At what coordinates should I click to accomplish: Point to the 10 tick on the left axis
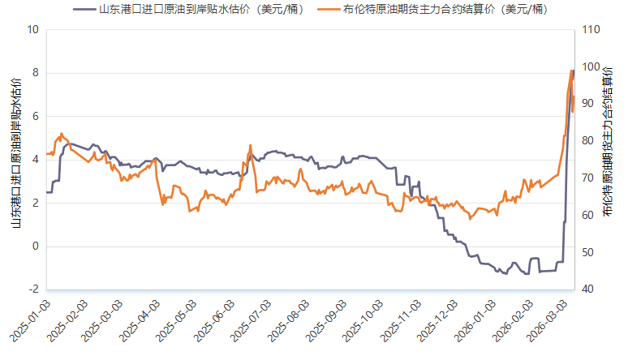(x=32, y=30)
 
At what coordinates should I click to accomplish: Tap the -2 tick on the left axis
(x=33, y=289)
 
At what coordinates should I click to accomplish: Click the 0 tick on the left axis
(x=35, y=246)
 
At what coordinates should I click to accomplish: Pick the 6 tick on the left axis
(x=35, y=117)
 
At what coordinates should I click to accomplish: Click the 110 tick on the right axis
(x=591, y=30)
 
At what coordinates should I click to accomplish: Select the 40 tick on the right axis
(x=589, y=289)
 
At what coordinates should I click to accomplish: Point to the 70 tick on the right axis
(x=589, y=178)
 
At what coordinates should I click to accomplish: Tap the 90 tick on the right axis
(x=589, y=104)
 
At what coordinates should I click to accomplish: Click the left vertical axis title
(x=15, y=154)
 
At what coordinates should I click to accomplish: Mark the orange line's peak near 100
(x=571, y=71)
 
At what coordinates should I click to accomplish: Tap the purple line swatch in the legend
(x=84, y=10)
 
